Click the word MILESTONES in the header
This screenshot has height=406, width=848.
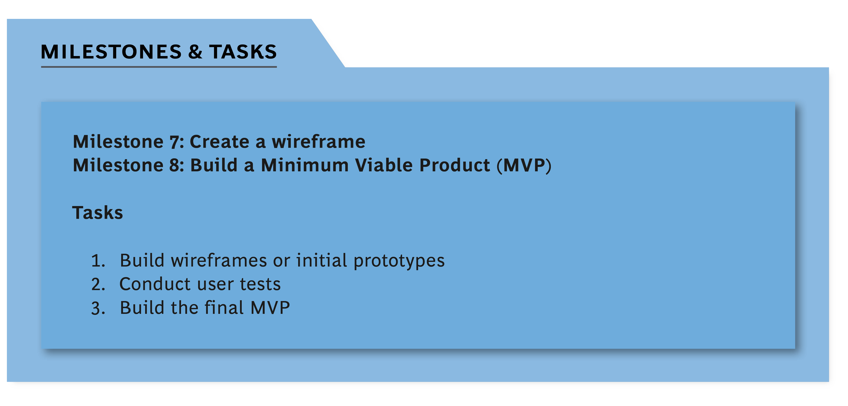(111, 52)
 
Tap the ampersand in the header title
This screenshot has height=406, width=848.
(195, 52)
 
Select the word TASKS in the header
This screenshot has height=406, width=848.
(243, 52)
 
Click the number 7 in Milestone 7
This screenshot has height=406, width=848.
(175, 142)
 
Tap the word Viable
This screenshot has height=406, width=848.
(384, 165)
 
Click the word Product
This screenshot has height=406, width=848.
(455, 165)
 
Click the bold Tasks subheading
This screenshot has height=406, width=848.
(97, 213)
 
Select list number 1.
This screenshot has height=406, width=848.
(98, 261)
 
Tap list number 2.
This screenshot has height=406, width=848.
(98, 284)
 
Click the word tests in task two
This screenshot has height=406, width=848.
(260, 284)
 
